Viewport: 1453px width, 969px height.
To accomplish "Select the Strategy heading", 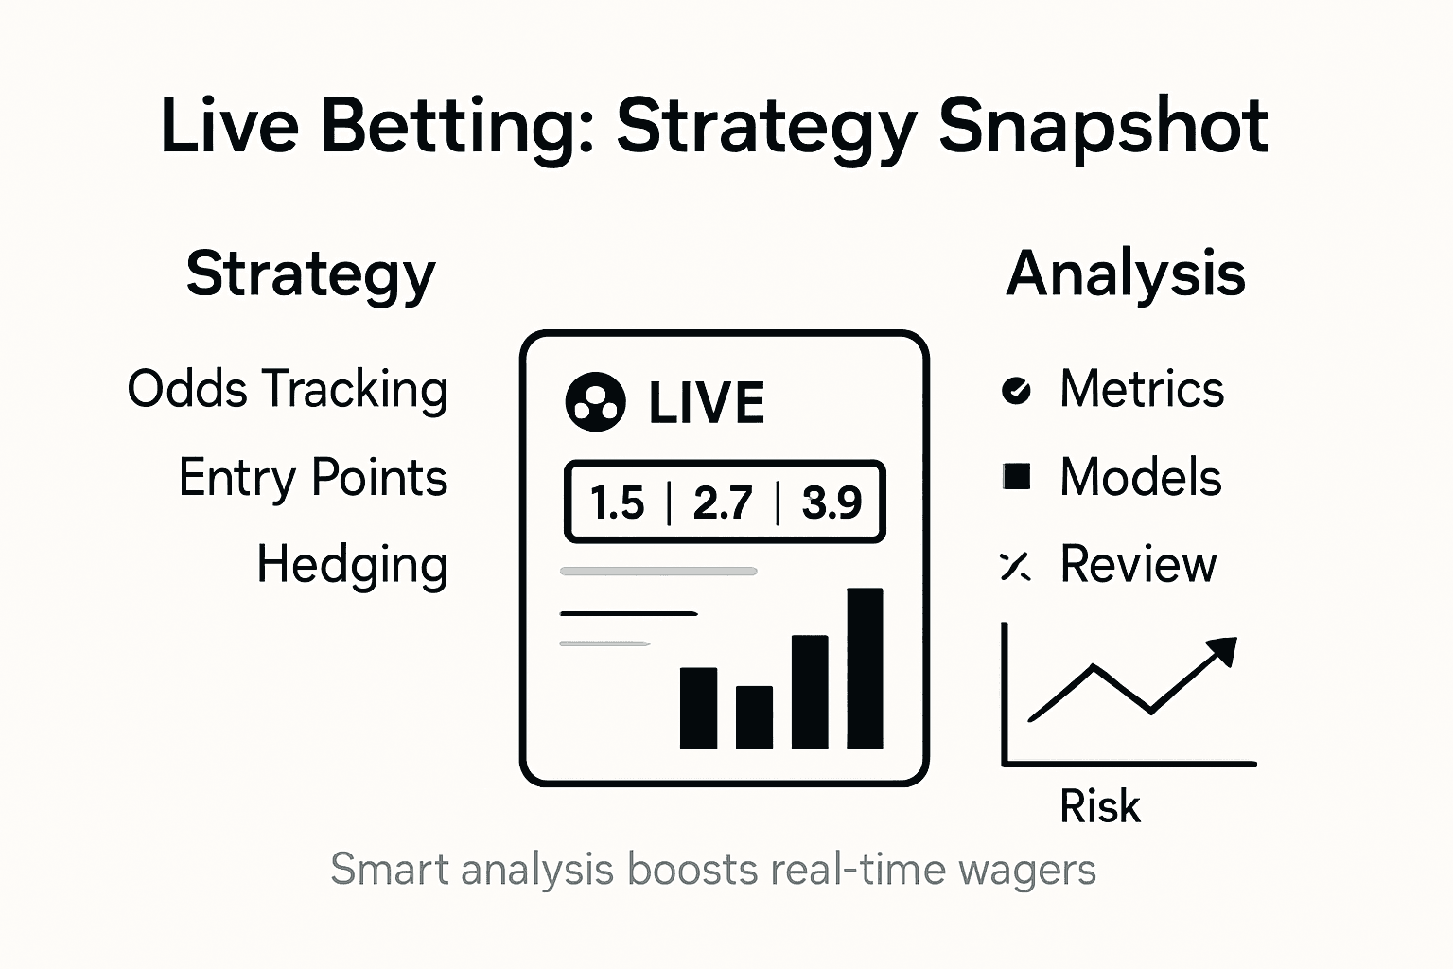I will click(x=310, y=274).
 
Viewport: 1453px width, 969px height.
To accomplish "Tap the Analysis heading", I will click(x=1125, y=274).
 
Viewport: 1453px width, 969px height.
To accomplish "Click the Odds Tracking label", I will click(x=288, y=389).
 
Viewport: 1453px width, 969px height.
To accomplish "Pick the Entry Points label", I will click(x=312, y=477).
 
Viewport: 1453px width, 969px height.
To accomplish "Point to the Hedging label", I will click(x=352, y=565).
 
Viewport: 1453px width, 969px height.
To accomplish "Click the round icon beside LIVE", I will click(x=595, y=402).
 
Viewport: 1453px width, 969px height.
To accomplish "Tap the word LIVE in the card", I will click(x=706, y=403).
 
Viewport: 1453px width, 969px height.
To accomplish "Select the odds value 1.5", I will click(x=617, y=502).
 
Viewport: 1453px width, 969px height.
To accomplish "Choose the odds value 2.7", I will click(x=723, y=502).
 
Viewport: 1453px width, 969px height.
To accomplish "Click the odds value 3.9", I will click(x=832, y=502).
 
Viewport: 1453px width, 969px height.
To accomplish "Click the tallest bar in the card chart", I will click(x=865, y=668).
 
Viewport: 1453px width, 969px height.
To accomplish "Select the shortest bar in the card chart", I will click(x=754, y=716).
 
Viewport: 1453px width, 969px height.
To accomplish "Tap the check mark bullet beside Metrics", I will click(x=1016, y=390).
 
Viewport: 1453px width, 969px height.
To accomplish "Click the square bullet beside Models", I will click(x=1017, y=477).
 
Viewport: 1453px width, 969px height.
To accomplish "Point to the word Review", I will click(x=1137, y=565).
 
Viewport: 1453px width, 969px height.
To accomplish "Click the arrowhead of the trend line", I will click(x=1223, y=651).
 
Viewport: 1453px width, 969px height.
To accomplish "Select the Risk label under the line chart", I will click(x=1099, y=807).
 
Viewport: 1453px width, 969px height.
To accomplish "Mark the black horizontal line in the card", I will click(x=628, y=613).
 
